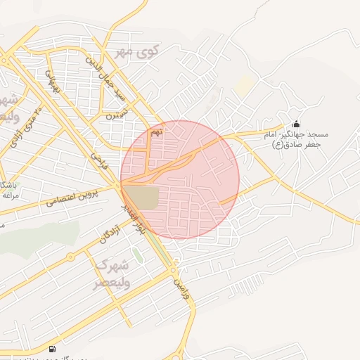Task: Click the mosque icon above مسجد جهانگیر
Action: [x=295, y=124]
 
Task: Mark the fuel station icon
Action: [x=52, y=350]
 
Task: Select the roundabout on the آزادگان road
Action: [x=70, y=256]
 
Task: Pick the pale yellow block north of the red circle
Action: [x=245, y=86]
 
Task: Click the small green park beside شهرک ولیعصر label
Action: [x=138, y=255]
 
